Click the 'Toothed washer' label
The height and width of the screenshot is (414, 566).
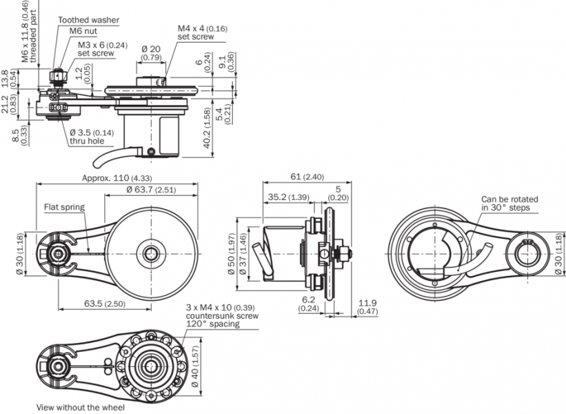click(88, 21)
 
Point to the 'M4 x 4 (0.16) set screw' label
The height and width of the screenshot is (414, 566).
click(202, 32)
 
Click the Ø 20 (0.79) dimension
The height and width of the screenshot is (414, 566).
click(151, 53)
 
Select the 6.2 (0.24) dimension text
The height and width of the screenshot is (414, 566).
click(307, 304)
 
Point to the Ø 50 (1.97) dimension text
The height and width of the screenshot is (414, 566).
click(232, 253)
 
